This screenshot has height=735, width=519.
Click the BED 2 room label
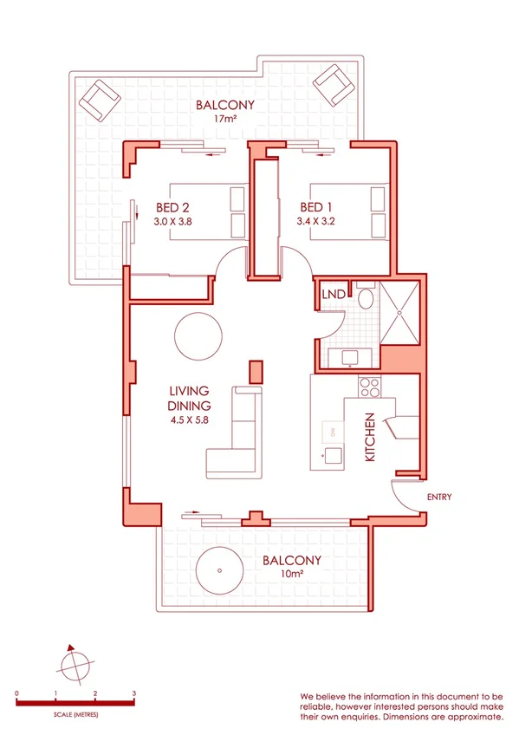tap(172, 207)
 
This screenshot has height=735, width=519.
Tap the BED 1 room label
tap(316, 207)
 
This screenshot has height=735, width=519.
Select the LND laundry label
tap(333, 296)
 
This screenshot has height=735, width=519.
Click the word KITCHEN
tap(369, 437)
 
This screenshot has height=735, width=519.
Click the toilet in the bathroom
tap(366, 299)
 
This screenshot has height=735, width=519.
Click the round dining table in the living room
tap(198, 335)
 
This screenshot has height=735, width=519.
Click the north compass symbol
tap(74, 665)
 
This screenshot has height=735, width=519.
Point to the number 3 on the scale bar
tap(133, 693)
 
